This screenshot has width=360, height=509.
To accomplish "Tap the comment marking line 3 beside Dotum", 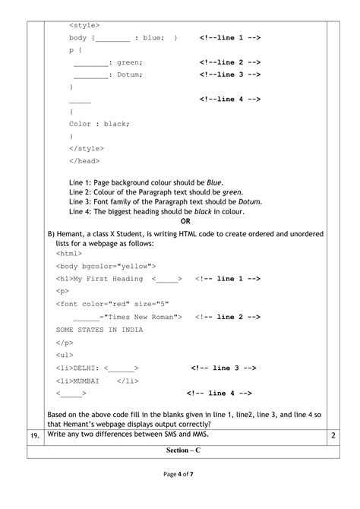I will [231, 74].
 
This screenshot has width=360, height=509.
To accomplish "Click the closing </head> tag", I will [84, 161].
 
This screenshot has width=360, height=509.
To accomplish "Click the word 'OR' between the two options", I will [185, 221].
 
